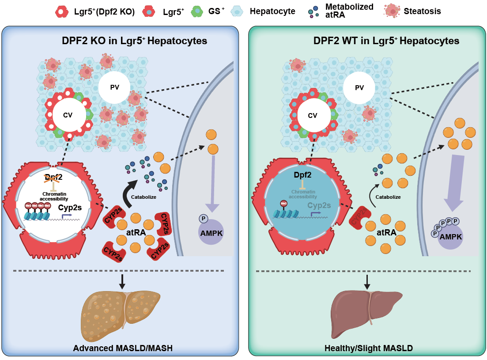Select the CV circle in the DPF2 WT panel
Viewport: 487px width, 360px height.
(x=313, y=116)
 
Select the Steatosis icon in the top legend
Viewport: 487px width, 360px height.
(x=392, y=11)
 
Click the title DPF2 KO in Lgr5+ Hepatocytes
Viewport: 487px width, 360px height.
(x=134, y=41)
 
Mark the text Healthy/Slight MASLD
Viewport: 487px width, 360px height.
(x=368, y=349)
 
